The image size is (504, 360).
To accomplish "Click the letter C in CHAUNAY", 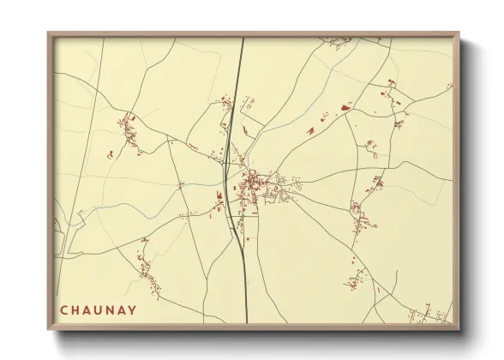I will [x=64, y=309].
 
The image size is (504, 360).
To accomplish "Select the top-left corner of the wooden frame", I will [x=49, y=33].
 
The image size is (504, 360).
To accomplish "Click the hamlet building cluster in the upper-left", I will [x=130, y=133].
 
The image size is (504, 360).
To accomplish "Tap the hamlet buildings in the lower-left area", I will [x=147, y=266].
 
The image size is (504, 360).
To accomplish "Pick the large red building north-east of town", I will [x=347, y=107].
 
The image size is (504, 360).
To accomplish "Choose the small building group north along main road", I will [x=227, y=103].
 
